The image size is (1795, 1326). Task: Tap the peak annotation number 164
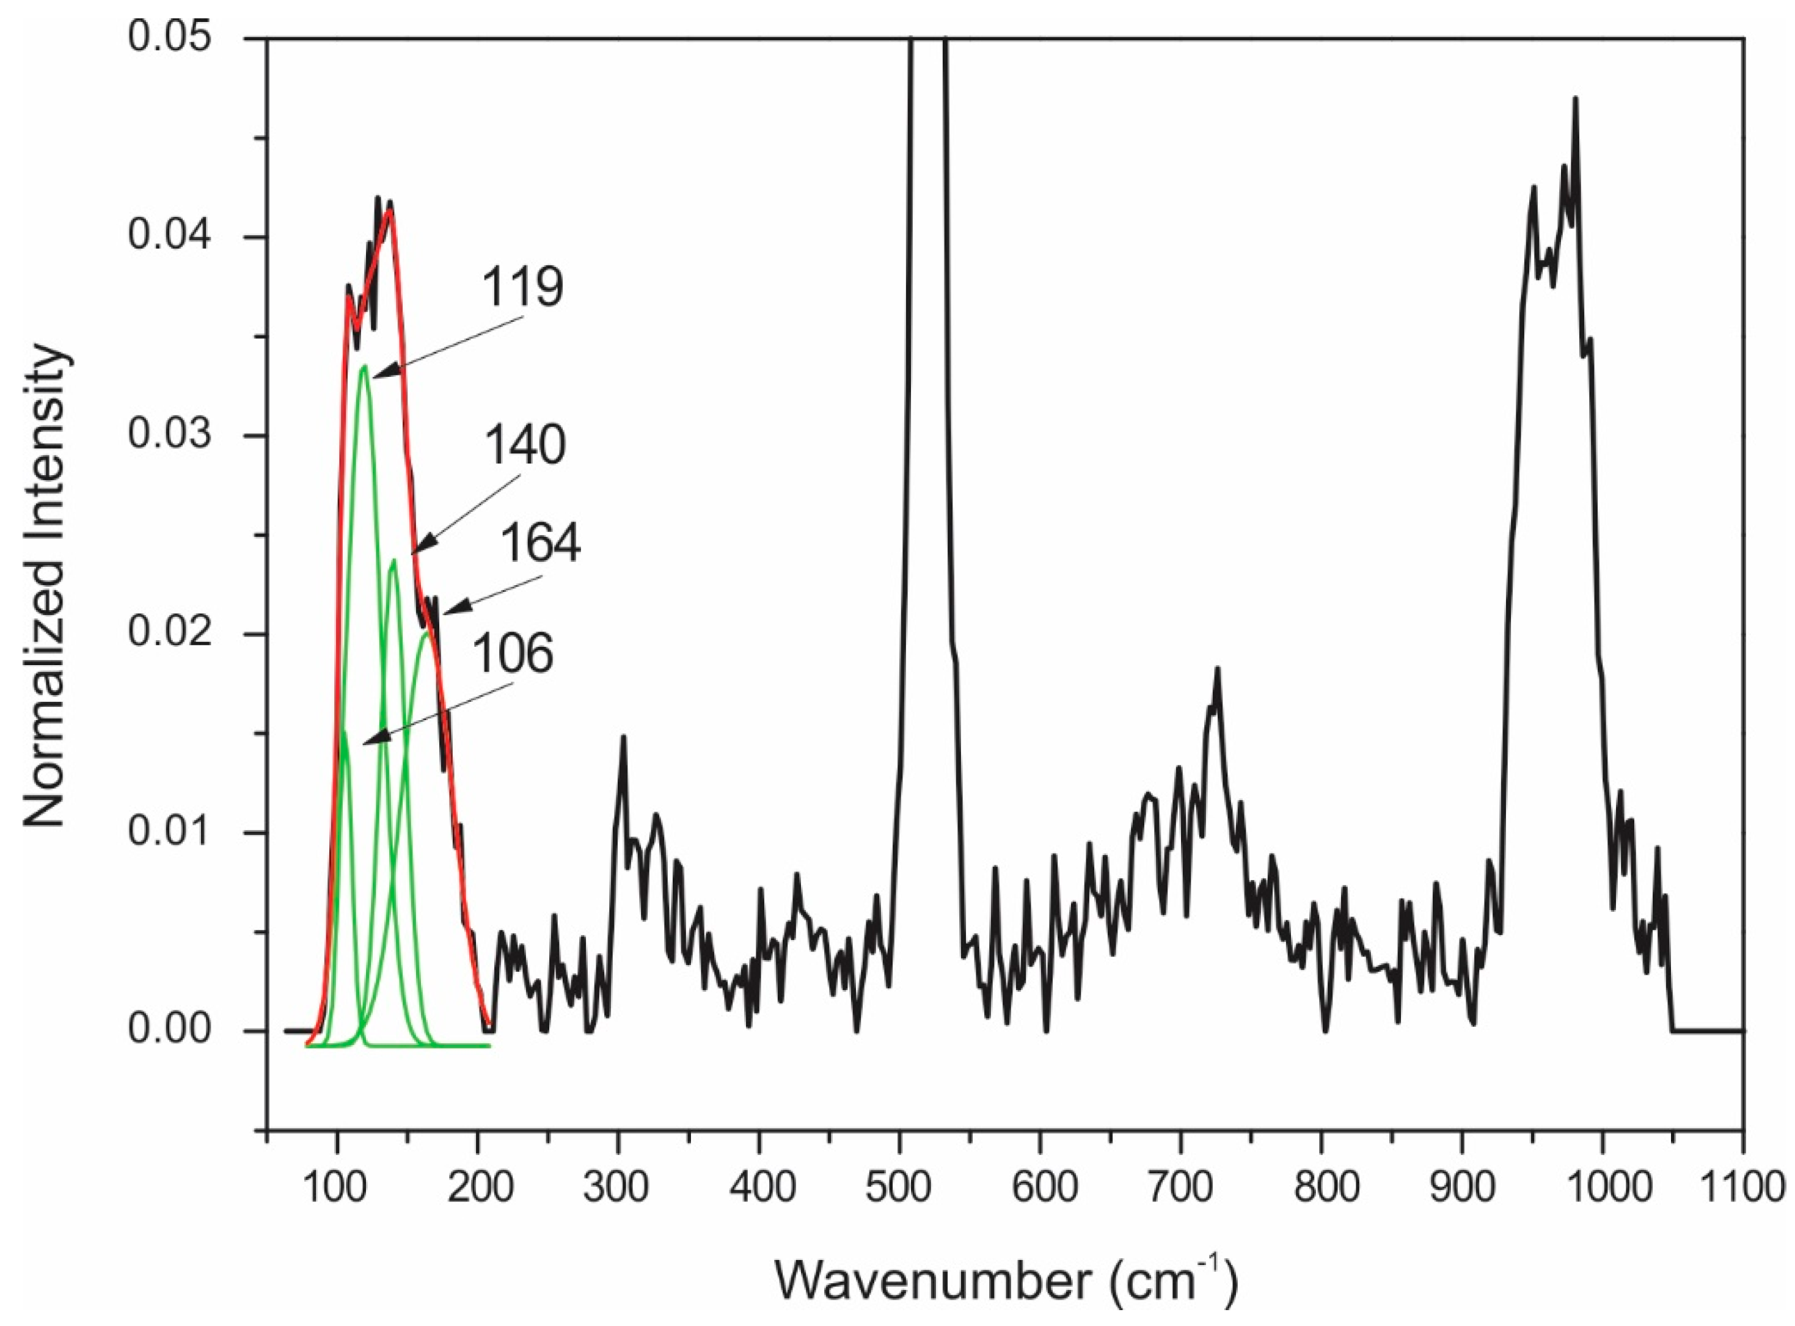pos(540,544)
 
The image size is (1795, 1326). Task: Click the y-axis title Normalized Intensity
pos(44,586)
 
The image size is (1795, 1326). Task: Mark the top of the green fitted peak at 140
pos(393,560)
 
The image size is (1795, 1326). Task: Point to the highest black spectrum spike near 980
pos(1575,121)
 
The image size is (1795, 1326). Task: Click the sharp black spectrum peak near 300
pos(622,736)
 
